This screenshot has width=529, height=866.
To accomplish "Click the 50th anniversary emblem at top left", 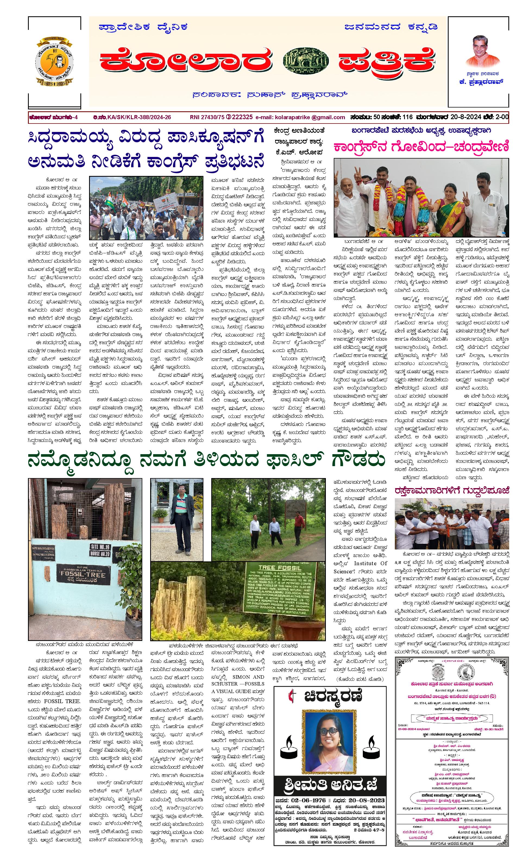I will [x=55, y=61].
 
